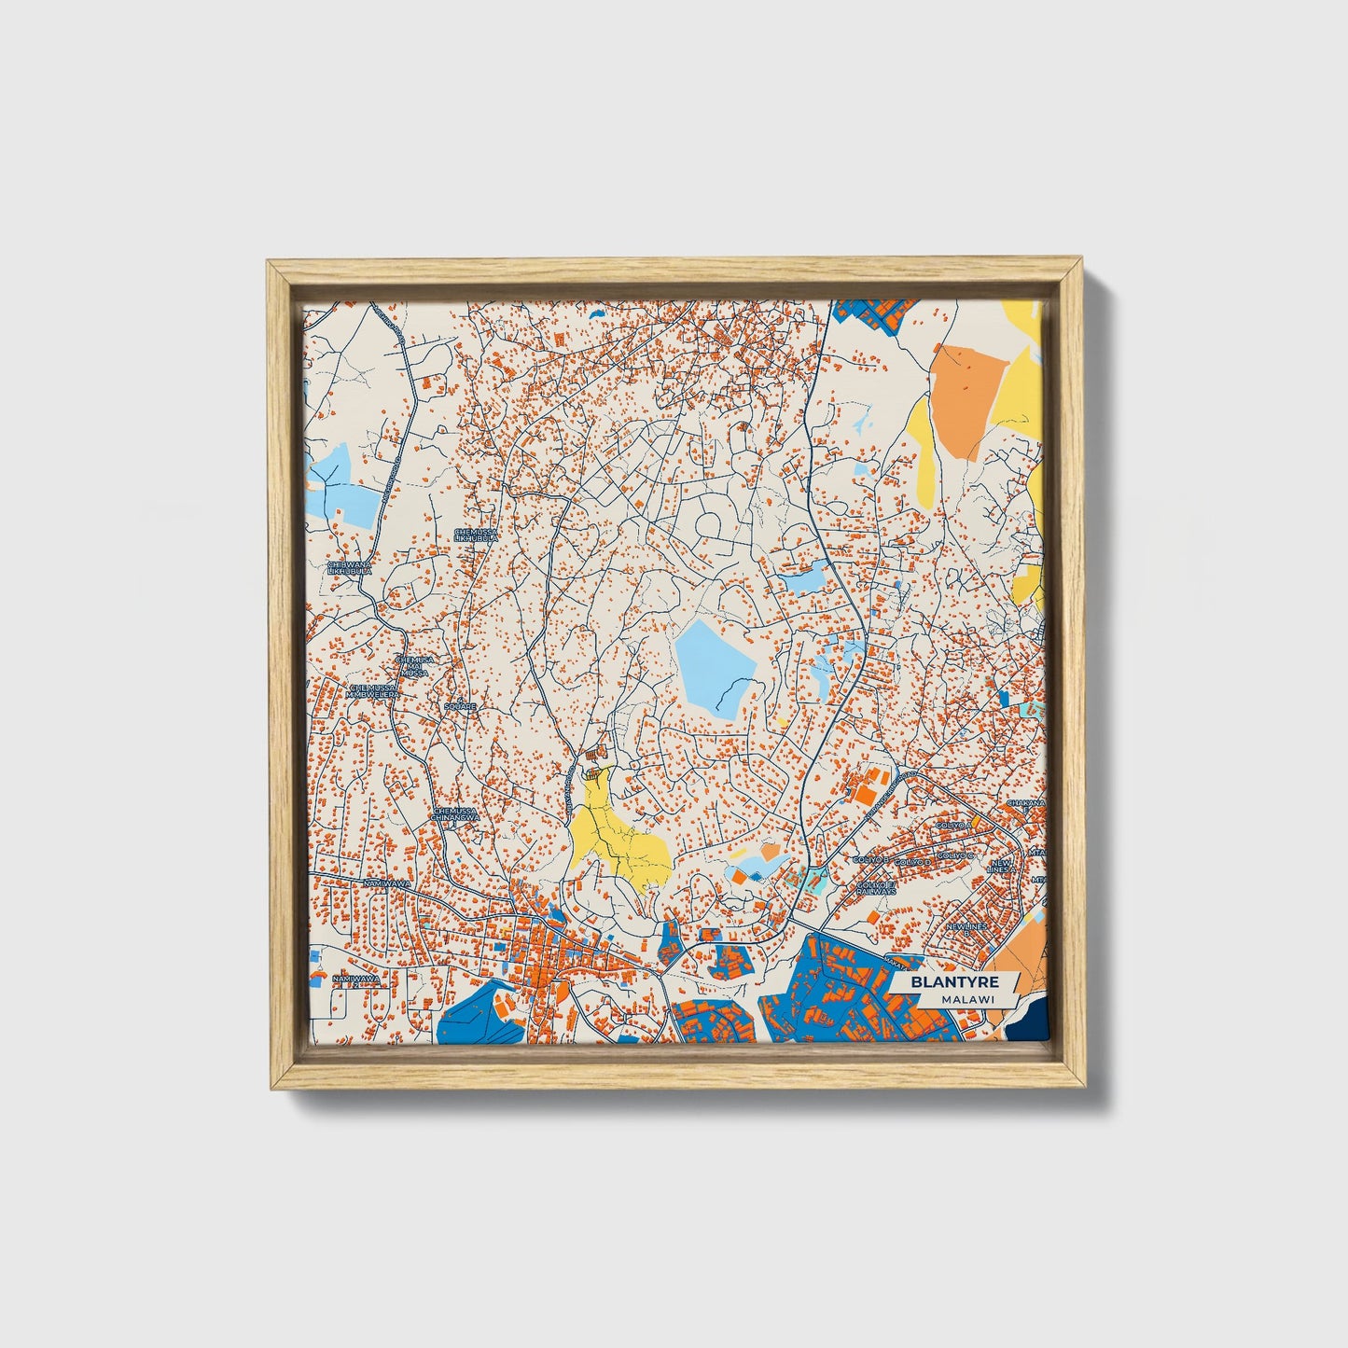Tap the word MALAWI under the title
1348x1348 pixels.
click(x=967, y=999)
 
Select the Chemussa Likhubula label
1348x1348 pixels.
click(x=476, y=535)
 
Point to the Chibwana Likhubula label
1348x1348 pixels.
click(x=349, y=567)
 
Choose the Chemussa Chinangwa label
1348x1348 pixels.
click(x=455, y=815)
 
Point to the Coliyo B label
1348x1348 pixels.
click(x=872, y=858)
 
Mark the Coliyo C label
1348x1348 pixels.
click(x=955, y=855)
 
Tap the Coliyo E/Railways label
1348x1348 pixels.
click(x=876, y=887)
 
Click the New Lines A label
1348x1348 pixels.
click(x=1001, y=867)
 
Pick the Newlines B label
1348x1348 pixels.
click(x=966, y=926)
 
